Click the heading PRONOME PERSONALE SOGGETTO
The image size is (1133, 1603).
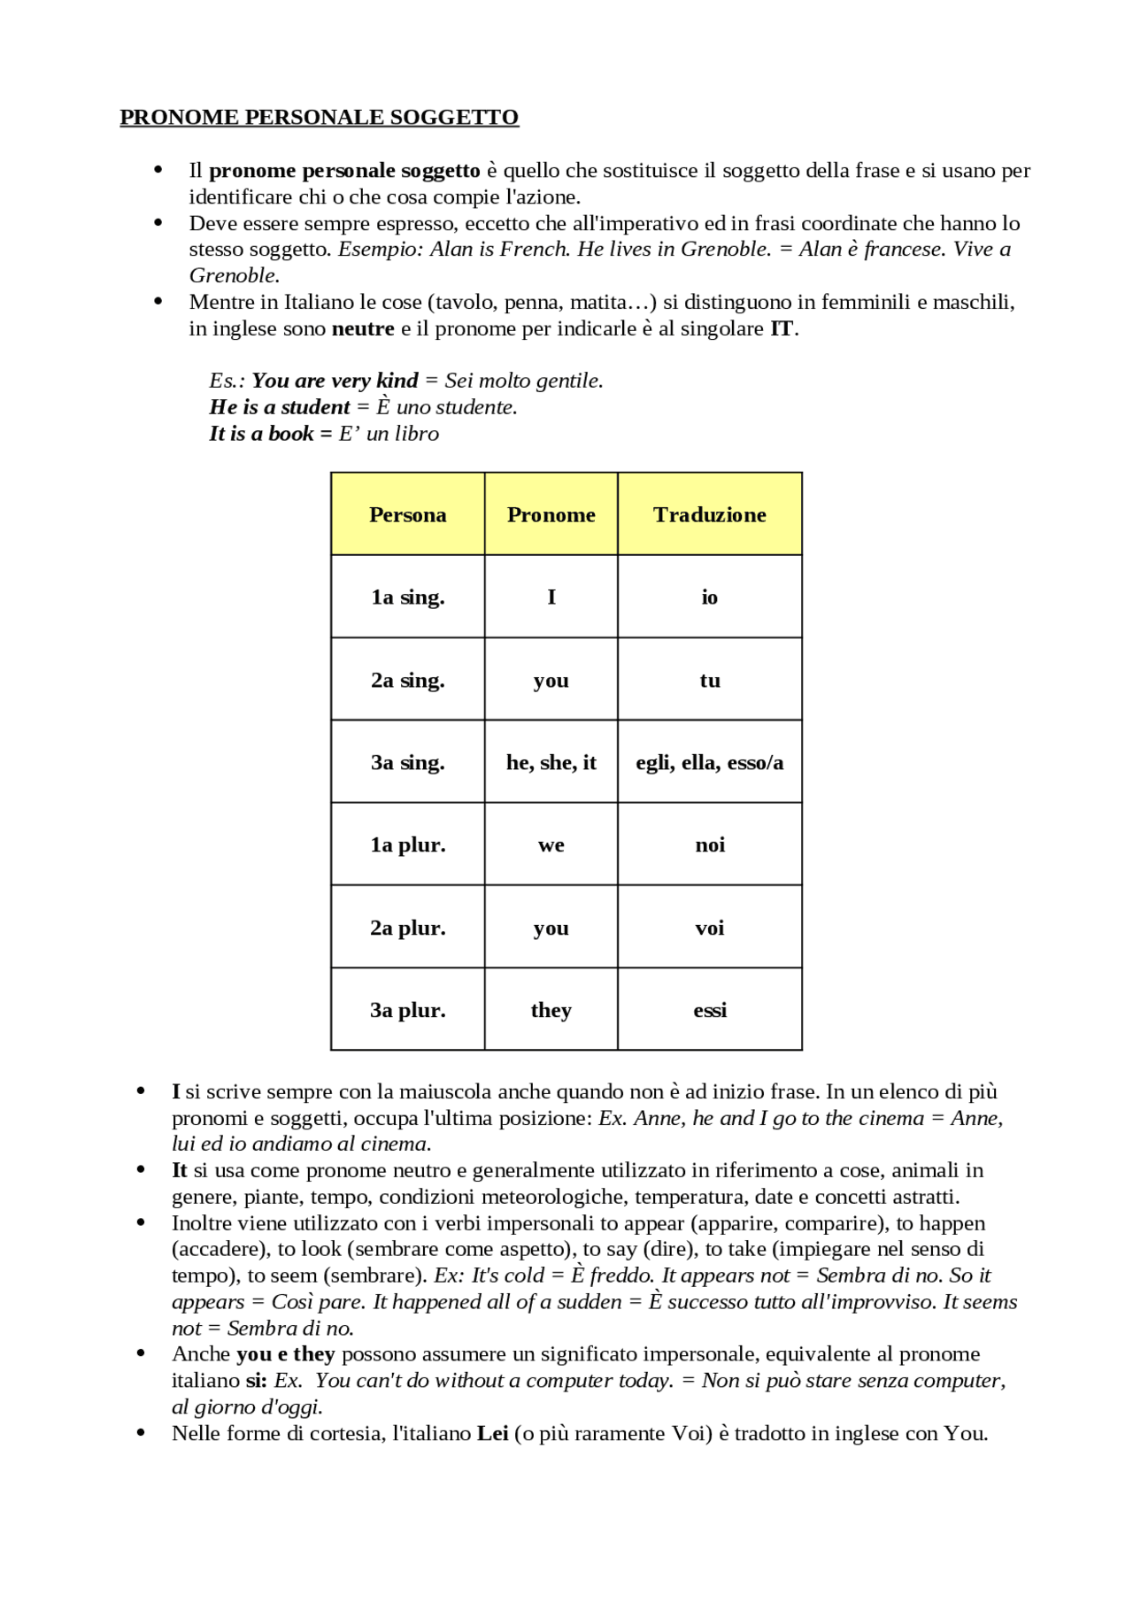point(319,118)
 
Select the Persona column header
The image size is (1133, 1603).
point(407,514)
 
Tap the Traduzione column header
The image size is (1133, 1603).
point(709,514)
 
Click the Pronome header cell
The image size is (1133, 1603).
point(551,514)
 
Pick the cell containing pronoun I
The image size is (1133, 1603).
point(551,597)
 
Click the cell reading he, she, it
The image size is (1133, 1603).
point(551,762)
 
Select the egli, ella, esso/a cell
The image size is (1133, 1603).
point(709,762)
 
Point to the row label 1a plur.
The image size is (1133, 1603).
point(407,845)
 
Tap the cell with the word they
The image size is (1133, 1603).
point(551,1010)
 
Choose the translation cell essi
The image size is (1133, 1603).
point(709,1010)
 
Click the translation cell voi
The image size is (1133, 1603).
point(709,928)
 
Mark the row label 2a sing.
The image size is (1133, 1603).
point(407,680)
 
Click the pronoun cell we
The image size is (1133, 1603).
point(551,845)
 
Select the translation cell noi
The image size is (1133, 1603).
point(709,845)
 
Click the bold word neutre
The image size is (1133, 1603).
point(363,329)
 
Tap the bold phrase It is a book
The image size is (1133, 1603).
point(261,434)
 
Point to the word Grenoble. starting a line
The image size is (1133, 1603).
point(234,276)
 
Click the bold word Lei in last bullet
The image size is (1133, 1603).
point(492,1433)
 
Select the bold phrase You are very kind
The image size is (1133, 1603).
point(335,381)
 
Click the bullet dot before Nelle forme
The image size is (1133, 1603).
point(141,1432)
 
